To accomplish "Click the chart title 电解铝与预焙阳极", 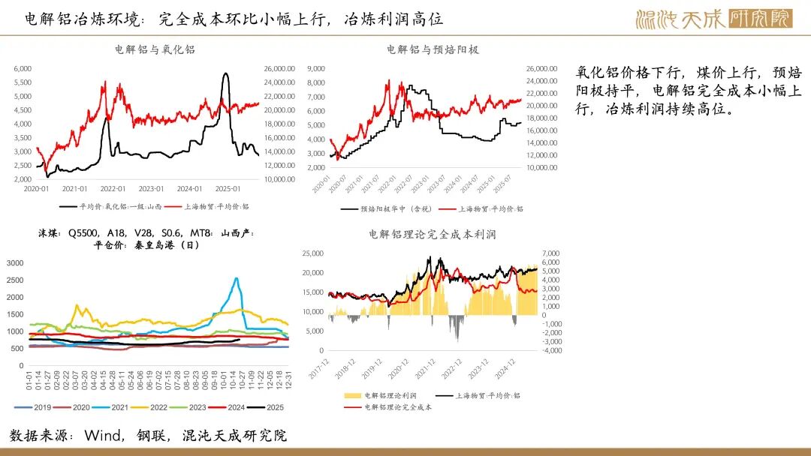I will pyautogui.click(x=433, y=49).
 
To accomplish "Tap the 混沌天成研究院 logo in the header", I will pyautogui.click(x=713, y=18).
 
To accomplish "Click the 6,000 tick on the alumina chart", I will pyautogui.click(x=23, y=68).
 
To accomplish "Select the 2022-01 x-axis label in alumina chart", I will pyautogui.click(x=113, y=188).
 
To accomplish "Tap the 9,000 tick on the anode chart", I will pyautogui.click(x=315, y=68).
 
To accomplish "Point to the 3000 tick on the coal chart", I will pyautogui.click(x=15, y=263).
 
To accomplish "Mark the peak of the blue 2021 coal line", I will pyautogui.click(x=237, y=278).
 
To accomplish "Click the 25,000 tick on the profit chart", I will pyautogui.click(x=314, y=253).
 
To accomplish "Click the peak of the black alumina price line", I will pyautogui.click(x=225, y=73).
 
